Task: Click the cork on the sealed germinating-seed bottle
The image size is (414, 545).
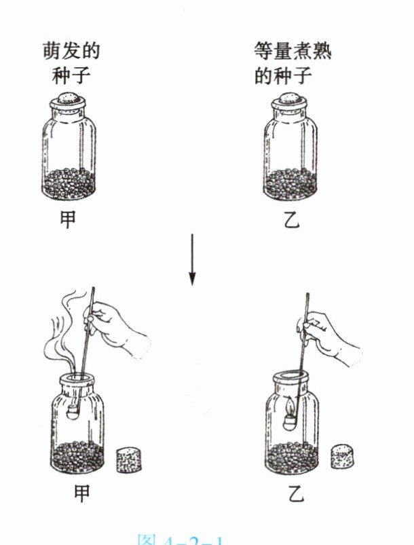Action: [x=72, y=100]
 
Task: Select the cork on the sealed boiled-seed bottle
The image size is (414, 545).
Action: [x=290, y=100]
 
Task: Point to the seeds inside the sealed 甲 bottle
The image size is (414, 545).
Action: [x=72, y=182]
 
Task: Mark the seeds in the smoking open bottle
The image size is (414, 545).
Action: [x=78, y=455]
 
